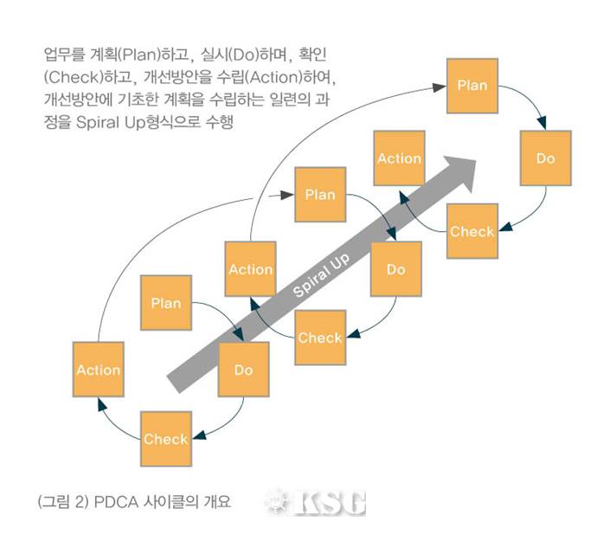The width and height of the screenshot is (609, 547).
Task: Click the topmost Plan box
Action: pyautogui.click(x=471, y=86)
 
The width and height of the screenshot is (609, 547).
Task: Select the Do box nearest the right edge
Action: pyautogui.click(x=545, y=158)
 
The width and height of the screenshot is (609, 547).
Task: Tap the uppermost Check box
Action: pyautogui.click(x=471, y=231)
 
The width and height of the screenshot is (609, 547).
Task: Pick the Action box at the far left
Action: pyautogui.click(x=98, y=370)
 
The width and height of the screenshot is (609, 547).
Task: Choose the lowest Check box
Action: pyautogui.click(x=166, y=439)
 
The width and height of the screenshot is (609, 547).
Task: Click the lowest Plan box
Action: pyautogui.click(x=166, y=303)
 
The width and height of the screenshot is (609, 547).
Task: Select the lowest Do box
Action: pyautogui.click(x=243, y=370)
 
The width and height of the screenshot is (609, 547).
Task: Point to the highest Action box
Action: pyautogui.click(x=399, y=158)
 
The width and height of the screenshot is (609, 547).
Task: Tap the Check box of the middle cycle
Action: pyautogui.click(x=320, y=338)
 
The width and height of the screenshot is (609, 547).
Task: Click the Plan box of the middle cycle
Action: pyautogui.click(x=319, y=195)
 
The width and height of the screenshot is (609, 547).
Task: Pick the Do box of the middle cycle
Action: pyautogui.click(x=395, y=269)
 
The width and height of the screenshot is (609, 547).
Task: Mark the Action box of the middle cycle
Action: pyautogui.click(x=251, y=269)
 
